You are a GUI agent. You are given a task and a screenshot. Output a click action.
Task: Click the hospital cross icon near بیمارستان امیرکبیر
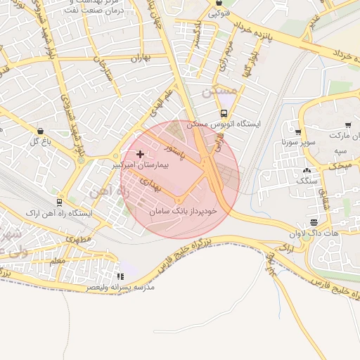[141, 154]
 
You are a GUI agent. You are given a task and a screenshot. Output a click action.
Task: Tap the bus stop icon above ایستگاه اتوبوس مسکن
[224, 113]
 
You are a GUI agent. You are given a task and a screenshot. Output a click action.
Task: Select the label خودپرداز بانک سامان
[184, 210]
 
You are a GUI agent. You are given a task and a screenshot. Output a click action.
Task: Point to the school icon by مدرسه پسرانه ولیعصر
[120, 277]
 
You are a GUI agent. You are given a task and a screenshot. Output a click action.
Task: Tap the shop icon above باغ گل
[39, 131]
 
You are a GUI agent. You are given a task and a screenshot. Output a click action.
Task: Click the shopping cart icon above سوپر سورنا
[298, 132]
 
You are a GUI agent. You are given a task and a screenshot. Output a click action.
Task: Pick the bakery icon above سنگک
[306, 170]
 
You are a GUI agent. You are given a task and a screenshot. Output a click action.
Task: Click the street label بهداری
[150, 185]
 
